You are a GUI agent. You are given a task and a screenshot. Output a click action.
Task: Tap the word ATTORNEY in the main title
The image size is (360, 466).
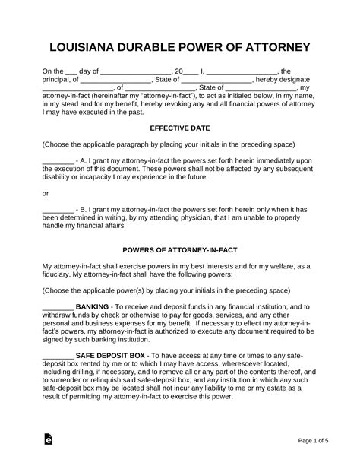pos(275,48)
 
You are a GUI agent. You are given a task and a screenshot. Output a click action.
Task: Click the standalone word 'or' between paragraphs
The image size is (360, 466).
pos(45,193)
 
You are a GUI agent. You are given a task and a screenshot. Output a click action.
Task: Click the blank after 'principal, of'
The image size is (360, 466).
pos(115,79)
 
